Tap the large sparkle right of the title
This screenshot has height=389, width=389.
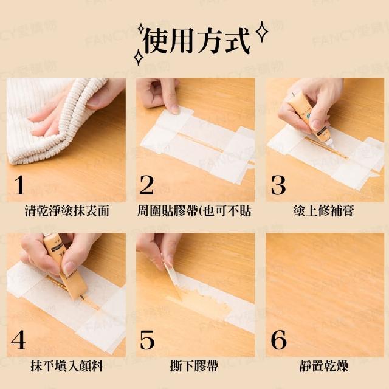(262, 32)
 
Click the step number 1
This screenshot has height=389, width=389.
(19, 185)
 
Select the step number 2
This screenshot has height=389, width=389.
(146, 185)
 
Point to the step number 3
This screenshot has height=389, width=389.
(278, 185)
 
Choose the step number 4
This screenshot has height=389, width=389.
(18, 340)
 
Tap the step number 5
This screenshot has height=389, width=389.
(147, 340)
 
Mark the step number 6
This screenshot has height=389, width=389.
(278, 340)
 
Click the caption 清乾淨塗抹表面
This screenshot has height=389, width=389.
(67, 212)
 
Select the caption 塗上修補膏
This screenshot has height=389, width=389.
(323, 212)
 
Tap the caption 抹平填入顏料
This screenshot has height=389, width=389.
(67, 366)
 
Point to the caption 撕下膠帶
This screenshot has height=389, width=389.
(194, 366)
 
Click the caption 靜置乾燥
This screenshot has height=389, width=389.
(324, 366)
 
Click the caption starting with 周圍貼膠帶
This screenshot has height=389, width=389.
(194, 212)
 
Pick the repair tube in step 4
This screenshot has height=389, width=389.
(65, 268)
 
